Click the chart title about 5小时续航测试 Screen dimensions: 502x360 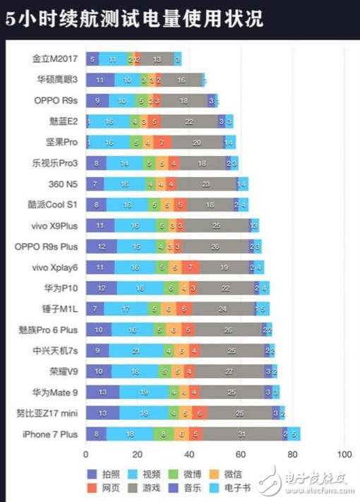[134, 19]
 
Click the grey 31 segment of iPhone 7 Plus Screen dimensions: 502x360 [241, 434]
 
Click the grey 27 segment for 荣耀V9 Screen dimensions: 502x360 [228, 371]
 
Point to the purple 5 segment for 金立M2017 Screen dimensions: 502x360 [92, 59]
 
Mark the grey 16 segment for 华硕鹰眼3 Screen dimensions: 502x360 [182, 80]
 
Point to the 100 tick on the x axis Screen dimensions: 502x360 [344, 454]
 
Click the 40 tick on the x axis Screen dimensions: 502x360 [189, 454]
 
